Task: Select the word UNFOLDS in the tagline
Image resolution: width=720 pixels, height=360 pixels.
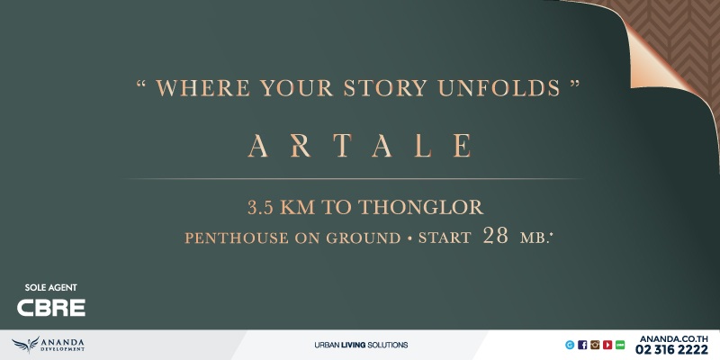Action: (499, 87)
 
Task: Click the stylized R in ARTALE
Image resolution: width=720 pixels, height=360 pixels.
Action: (301, 146)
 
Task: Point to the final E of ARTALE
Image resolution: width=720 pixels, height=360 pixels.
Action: (462, 146)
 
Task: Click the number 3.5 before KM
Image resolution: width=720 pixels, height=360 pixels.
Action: (260, 208)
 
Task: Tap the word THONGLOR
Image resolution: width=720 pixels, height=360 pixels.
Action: (420, 208)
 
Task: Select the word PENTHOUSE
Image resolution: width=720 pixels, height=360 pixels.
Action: (238, 238)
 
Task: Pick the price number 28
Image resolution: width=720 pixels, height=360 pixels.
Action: (496, 236)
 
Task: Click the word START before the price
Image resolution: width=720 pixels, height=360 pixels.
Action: (445, 238)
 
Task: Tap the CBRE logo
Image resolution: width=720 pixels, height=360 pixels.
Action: (51, 308)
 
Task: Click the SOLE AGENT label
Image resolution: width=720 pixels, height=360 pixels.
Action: (51, 287)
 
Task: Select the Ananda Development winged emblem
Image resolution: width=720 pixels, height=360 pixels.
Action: (26, 345)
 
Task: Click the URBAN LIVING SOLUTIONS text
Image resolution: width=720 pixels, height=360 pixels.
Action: (361, 345)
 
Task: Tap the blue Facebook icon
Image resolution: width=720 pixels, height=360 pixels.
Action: (582, 345)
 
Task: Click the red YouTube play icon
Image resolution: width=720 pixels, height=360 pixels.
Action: (607, 345)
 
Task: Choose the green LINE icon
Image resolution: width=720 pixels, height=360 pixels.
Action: (620, 345)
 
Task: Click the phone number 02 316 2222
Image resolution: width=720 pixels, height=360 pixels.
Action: (671, 350)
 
